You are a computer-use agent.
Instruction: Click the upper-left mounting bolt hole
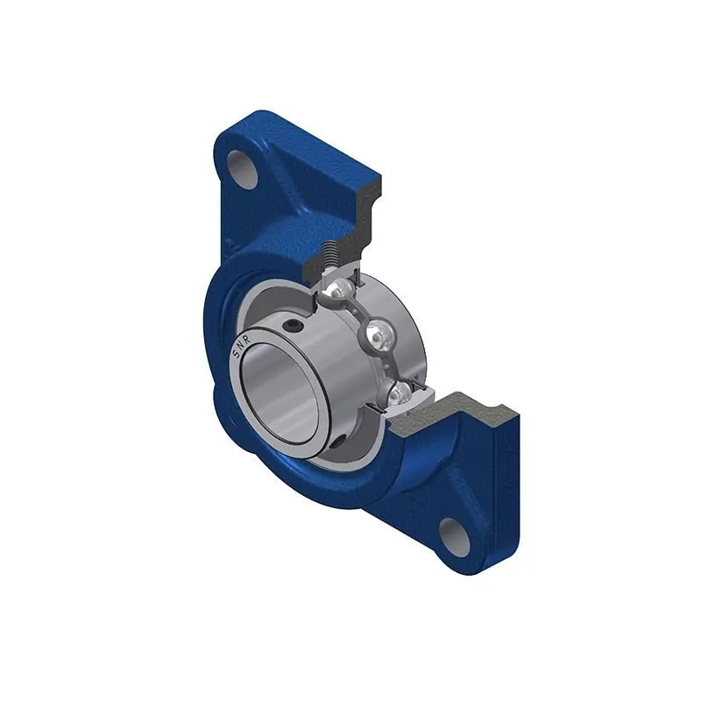(x=244, y=170)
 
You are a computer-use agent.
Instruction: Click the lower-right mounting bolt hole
(x=455, y=536)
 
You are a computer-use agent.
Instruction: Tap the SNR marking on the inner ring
(x=242, y=346)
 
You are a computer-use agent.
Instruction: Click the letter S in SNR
(x=236, y=355)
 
